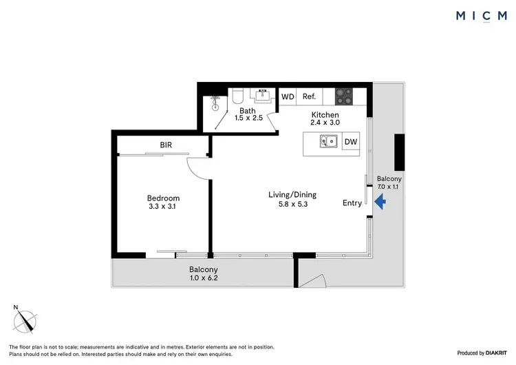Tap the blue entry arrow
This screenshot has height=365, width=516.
point(380,202)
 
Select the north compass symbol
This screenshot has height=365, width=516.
point(27,320)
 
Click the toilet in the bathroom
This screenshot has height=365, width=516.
point(237,96)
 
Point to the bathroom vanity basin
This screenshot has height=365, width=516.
point(263,96)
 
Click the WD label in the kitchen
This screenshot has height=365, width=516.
point(288,97)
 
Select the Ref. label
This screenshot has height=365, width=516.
point(309,97)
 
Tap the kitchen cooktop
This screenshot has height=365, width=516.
point(343,96)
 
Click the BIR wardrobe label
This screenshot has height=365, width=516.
point(166,145)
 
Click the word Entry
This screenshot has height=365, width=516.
point(352,202)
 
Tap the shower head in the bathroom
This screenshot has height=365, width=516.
point(215,107)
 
